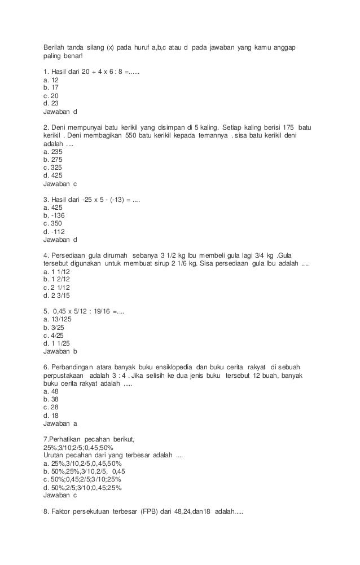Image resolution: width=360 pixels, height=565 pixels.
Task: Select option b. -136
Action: pos(54,215)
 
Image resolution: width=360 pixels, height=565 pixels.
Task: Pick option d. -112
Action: pos(54,231)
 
